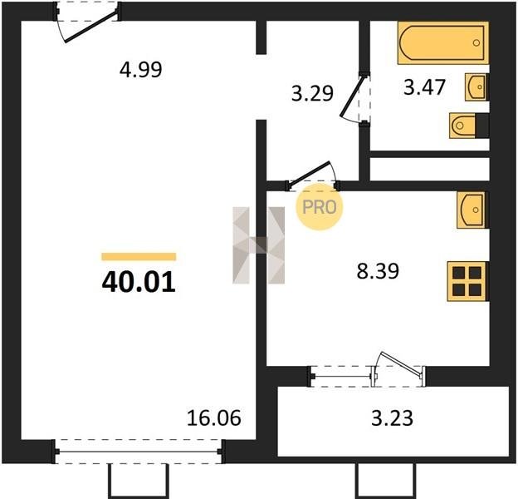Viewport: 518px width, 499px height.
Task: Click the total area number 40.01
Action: [x=139, y=283]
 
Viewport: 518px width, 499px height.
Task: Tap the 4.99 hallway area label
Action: [x=141, y=70]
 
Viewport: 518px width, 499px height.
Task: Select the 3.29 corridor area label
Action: [x=312, y=93]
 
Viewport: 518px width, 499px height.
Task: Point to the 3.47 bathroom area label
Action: [x=424, y=87]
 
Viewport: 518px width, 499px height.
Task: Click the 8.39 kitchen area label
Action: [x=378, y=271]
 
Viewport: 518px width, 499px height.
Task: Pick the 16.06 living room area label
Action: [x=213, y=417]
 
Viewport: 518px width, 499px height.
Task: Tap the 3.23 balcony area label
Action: [x=392, y=418]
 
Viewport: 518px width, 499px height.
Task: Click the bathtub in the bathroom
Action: [x=443, y=42]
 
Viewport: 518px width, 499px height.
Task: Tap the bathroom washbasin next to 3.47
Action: [x=476, y=86]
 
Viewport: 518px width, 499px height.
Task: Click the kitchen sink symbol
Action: [x=472, y=210]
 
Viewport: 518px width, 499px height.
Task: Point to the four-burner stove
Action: [x=467, y=281]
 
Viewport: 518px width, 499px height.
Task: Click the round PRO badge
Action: [x=320, y=207]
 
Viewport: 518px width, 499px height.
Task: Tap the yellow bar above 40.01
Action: [x=139, y=256]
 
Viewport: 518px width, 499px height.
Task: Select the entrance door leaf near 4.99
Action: [x=91, y=27]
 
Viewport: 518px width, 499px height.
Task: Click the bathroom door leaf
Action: [x=353, y=96]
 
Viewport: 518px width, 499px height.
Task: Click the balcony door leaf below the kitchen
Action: [x=401, y=364]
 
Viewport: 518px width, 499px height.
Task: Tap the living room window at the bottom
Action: [x=139, y=452]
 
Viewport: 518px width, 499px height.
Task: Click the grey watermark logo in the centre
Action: [x=259, y=245]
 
